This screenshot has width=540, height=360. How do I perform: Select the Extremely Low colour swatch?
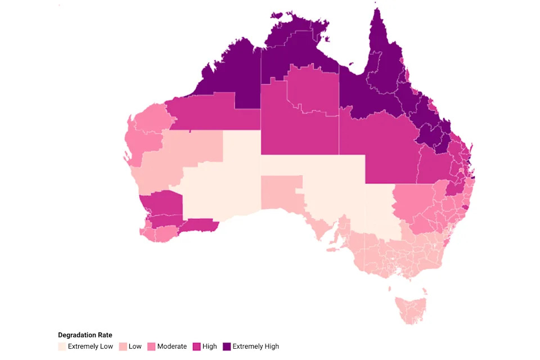coord(61,346)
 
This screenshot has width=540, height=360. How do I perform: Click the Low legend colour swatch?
coord(122,346)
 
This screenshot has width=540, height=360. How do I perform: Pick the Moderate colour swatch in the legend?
coord(151,346)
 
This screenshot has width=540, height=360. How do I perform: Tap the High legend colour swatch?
coord(197,346)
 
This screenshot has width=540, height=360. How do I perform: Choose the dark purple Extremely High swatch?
coord(227,346)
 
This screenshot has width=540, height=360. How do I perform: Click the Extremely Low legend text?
coord(90,346)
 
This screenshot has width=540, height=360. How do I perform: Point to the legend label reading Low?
coord(135,346)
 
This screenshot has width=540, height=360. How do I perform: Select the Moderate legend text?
coord(172,346)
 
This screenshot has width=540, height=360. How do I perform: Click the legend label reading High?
coord(210,346)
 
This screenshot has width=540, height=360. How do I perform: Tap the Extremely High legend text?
coord(255,346)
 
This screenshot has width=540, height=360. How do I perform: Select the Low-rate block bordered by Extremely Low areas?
coord(281,194)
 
